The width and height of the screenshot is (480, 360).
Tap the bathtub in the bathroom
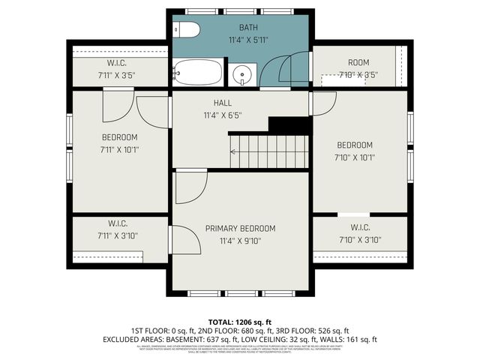click(x=198, y=73)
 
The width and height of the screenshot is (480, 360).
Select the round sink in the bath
click(x=241, y=73)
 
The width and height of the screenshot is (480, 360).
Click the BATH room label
click(x=247, y=28)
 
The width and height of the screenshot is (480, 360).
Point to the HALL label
click(x=222, y=103)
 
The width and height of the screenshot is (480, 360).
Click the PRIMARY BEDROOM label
click(x=240, y=228)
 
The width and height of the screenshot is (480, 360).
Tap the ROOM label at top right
click(x=358, y=62)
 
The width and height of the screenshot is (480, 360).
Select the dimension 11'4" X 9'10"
click(x=240, y=241)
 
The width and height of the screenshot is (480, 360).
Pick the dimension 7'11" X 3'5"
click(x=120, y=75)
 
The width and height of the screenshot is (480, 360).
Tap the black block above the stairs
click(x=289, y=125)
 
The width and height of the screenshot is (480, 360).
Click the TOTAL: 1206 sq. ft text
click(x=239, y=320)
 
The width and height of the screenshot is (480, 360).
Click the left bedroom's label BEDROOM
click(x=120, y=136)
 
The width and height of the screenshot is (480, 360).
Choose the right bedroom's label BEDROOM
click(x=355, y=145)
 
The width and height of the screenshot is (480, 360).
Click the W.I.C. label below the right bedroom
click(x=360, y=227)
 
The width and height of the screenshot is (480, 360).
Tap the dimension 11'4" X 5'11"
click(x=247, y=40)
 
